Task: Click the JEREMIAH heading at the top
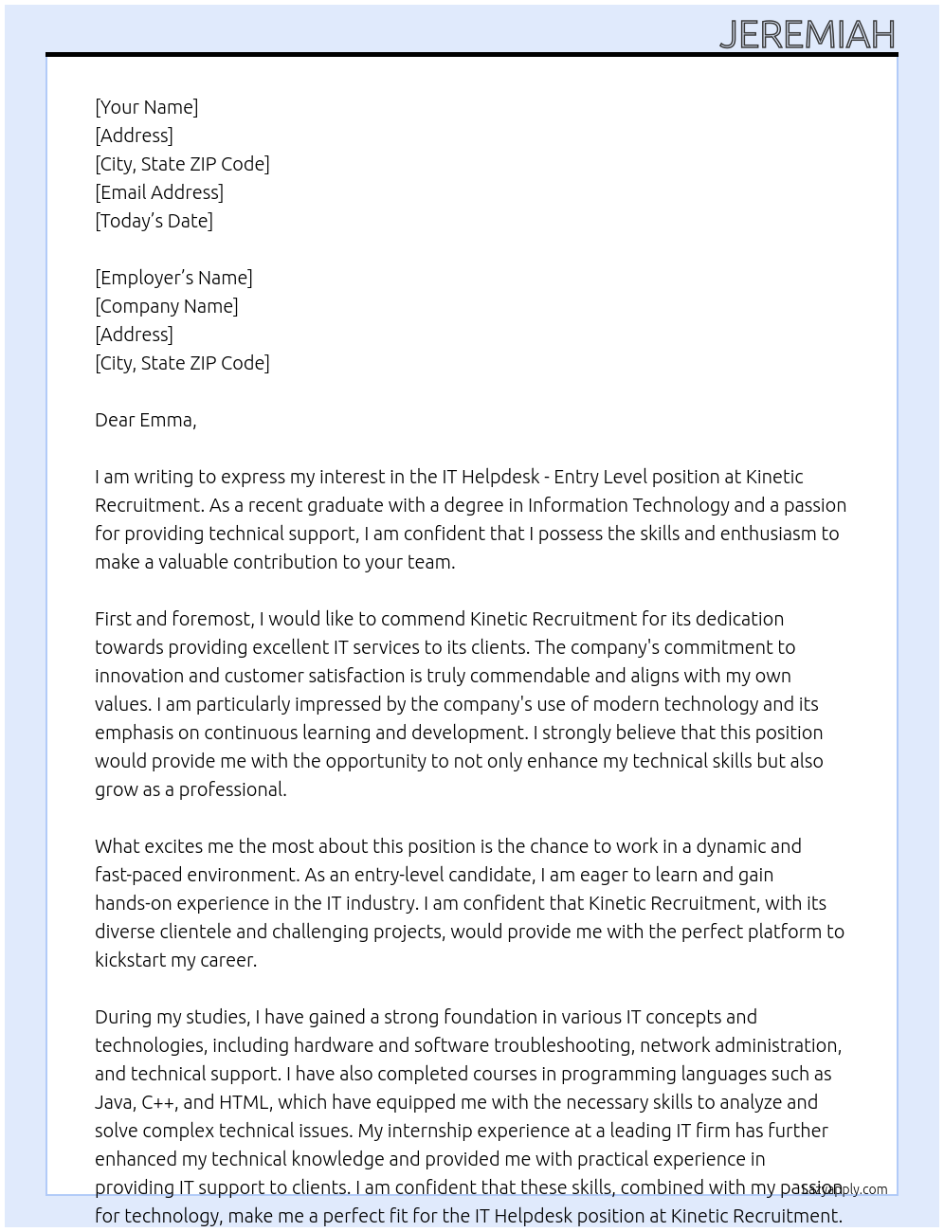807,35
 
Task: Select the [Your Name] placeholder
147,107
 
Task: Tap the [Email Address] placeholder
159,192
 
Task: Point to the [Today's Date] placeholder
154,221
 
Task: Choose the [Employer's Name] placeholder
173,278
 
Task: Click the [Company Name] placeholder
167,306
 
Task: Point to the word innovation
139,676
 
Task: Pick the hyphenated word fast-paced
139,875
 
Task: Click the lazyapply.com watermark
844,1189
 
